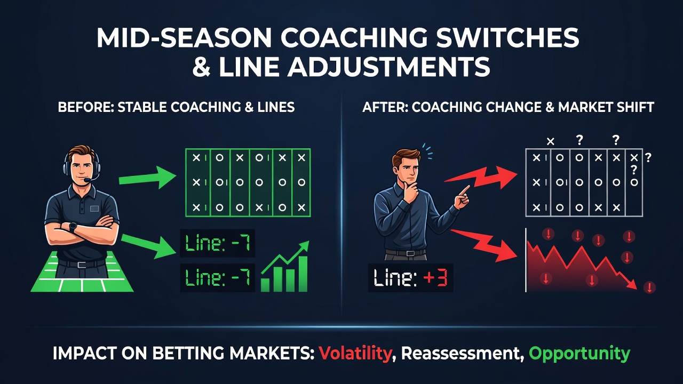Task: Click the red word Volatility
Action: [355, 354]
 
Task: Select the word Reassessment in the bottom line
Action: [460, 354]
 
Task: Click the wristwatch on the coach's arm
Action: [73, 227]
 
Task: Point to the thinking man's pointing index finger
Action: [465, 189]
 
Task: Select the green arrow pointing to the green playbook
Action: [148, 178]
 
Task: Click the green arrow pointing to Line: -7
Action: [149, 246]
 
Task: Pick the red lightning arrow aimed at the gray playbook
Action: [481, 178]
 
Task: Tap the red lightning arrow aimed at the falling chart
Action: [484, 245]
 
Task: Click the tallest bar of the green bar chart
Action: [303, 274]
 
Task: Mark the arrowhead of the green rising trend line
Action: [304, 245]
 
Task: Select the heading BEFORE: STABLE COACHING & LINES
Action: [176, 107]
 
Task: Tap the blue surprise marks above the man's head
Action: [427, 152]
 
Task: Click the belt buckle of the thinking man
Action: [410, 253]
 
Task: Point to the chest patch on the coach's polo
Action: [94, 209]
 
